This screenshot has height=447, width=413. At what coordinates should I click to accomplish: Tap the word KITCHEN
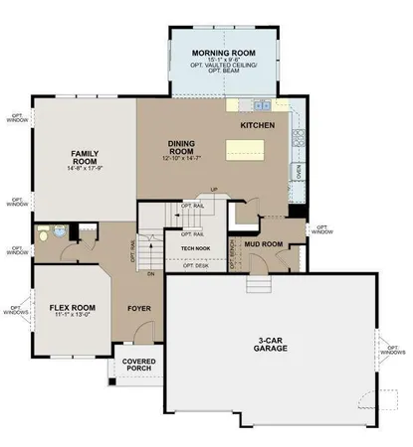pyautogui.click(x=258, y=126)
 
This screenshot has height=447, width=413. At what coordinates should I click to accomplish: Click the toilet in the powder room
pyautogui.click(x=46, y=233)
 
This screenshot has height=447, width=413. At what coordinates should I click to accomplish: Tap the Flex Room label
pyautogui.click(x=72, y=307)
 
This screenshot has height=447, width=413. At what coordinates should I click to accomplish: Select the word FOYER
pyautogui.click(x=139, y=307)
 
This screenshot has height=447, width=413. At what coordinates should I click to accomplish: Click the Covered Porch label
pyautogui.click(x=138, y=367)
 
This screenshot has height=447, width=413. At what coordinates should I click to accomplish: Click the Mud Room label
pyautogui.click(x=265, y=243)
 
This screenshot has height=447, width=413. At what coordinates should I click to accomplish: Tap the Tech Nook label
pyautogui.click(x=194, y=248)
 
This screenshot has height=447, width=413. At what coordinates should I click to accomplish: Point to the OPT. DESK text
pyautogui.click(x=195, y=265)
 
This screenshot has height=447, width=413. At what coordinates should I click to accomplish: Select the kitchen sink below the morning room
pyautogui.click(x=262, y=104)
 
